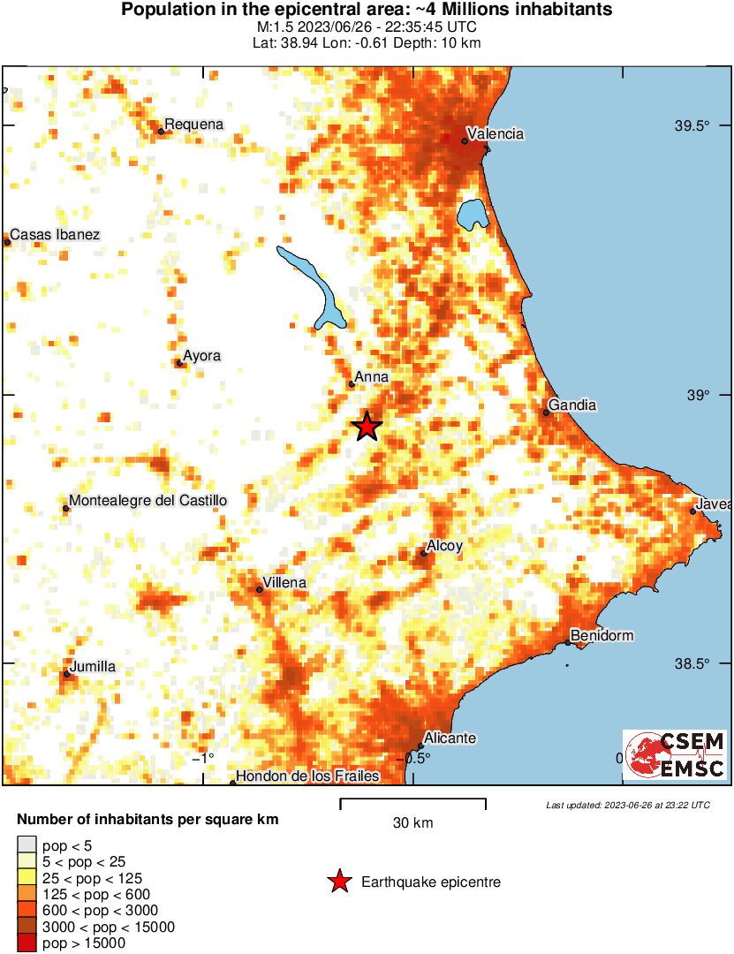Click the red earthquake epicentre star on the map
[367, 427]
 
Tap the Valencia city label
[496, 134]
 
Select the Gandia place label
[572, 405]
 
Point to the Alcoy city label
[444, 547]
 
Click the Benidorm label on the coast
[602, 636]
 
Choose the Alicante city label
[450, 738]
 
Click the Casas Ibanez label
[55, 235]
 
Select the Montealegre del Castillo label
[148, 501]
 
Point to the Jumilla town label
[93, 667]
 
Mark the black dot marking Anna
[352, 384]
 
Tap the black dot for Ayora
[179, 362]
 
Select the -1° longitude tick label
[204, 758]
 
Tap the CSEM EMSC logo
[675, 754]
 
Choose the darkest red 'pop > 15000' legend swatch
[27, 943]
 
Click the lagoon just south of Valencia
[473, 213]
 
